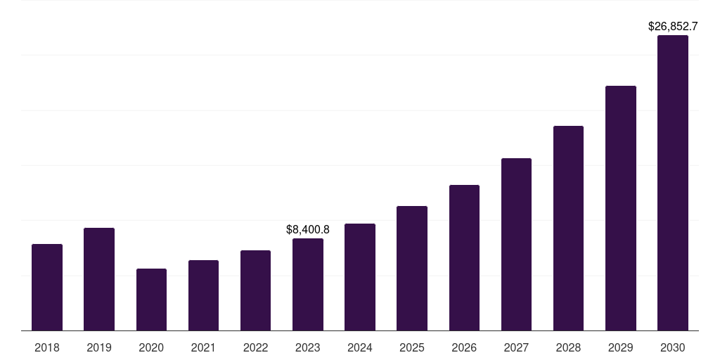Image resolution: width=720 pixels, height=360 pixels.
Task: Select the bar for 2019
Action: click(99, 279)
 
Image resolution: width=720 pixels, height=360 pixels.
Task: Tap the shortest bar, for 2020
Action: click(151, 300)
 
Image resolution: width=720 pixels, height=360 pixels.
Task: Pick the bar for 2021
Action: click(203, 295)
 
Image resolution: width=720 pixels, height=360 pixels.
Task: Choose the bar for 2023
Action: click(308, 284)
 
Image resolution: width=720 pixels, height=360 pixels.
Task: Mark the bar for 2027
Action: click(516, 244)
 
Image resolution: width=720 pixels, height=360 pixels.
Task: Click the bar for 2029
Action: click(620, 208)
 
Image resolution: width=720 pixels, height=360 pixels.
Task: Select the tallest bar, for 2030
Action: click(672, 183)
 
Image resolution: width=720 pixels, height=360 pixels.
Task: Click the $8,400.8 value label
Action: click(308, 229)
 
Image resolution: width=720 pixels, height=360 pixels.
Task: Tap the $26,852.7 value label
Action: click(672, 27)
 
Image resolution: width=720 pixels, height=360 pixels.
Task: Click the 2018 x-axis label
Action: click(47, 347)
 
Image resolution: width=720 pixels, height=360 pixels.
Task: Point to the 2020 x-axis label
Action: click(151, 347)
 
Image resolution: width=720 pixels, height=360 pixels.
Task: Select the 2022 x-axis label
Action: click(255, 347)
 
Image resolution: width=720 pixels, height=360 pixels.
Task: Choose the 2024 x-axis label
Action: click(360, 347)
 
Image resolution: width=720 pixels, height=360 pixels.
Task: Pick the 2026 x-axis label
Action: click(464, 347)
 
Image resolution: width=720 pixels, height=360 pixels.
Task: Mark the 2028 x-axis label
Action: click(568, 347)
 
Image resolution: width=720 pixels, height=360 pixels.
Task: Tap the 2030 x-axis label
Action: click(672, 347)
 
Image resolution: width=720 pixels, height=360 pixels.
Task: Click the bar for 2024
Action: click(360, 277)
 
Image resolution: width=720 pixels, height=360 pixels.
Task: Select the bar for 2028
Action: click(568, 228)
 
